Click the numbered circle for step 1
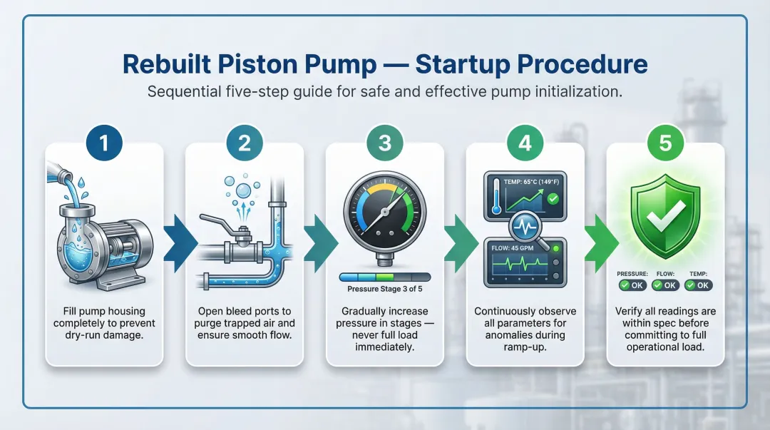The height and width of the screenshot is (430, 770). coord(104,143)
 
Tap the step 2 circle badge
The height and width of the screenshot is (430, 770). coord(245,143)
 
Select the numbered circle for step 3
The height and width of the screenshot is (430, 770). coord(385,143)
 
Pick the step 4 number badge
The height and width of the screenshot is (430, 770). coord(525,143)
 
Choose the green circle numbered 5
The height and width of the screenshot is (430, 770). coord(664,143)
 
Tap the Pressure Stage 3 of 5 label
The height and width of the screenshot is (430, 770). coord(385,289)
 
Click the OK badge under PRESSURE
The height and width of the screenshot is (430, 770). coord(632,285)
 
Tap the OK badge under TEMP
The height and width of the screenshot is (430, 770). coord(698,285)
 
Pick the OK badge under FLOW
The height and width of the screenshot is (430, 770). coord(666,285)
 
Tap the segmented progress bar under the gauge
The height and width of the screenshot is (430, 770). coord(385,277)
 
